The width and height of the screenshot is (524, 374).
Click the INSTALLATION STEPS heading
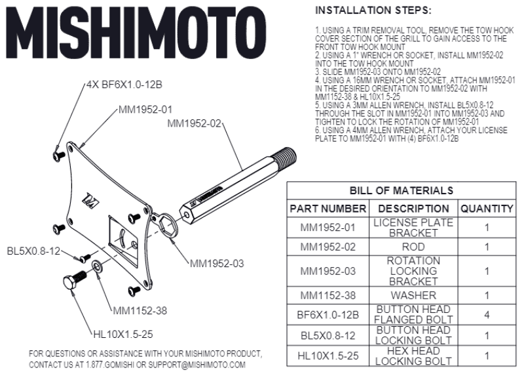(373, 11)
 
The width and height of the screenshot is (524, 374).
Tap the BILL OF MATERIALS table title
(400, 190)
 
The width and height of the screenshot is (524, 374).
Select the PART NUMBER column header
(327, 209)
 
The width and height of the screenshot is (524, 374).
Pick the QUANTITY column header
(486, 209)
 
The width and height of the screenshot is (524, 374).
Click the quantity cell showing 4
(486, 315)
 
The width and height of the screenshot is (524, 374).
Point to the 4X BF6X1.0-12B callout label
(124, 85)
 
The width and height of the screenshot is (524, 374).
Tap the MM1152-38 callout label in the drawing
(140, 310)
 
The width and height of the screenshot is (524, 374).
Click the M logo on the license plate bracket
(88, 196)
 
